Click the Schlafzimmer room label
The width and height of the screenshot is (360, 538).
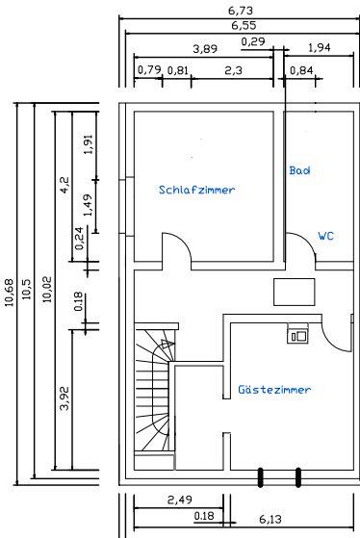coord(196,191)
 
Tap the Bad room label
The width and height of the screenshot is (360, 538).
coord(300,169)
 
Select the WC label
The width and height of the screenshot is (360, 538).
coord(325,235)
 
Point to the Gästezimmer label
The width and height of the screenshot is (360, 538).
coord(274,390)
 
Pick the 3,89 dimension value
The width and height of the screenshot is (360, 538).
coord(204,47)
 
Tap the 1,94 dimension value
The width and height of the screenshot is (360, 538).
coord(319,47)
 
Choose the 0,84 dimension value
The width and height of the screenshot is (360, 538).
coord(300,70)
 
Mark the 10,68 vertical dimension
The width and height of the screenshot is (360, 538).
coord(9,289)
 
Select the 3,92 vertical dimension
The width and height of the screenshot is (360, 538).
coord(64,395)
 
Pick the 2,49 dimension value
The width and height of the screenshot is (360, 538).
coord(179,500)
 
